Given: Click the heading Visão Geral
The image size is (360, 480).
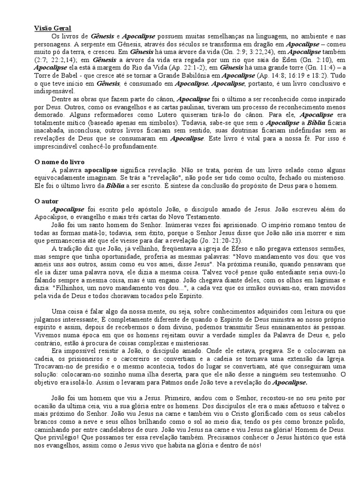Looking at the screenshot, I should click(x=52, y=28).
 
